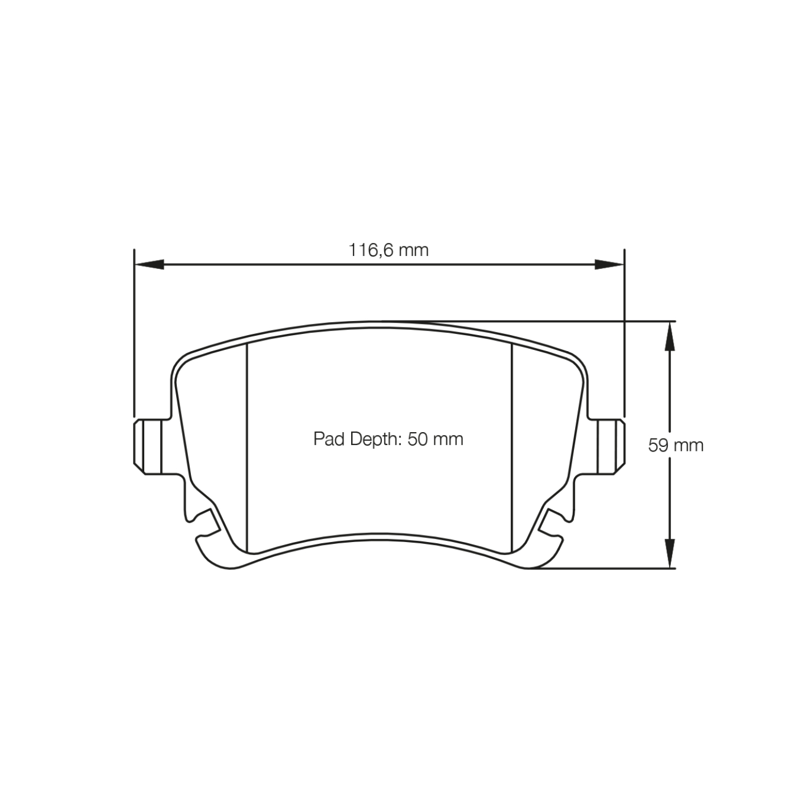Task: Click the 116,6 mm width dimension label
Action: pos(388,250)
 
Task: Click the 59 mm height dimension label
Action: pos(676,445)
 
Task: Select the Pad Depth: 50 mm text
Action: pos(388,439)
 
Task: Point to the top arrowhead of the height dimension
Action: pos(669,336)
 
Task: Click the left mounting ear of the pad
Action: pos(150,446)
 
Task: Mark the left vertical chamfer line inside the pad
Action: pos(246,443)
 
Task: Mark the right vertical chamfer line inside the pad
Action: pos(511,443)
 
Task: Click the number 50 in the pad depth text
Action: pos(416,439)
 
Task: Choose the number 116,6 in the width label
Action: pos(371,250)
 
